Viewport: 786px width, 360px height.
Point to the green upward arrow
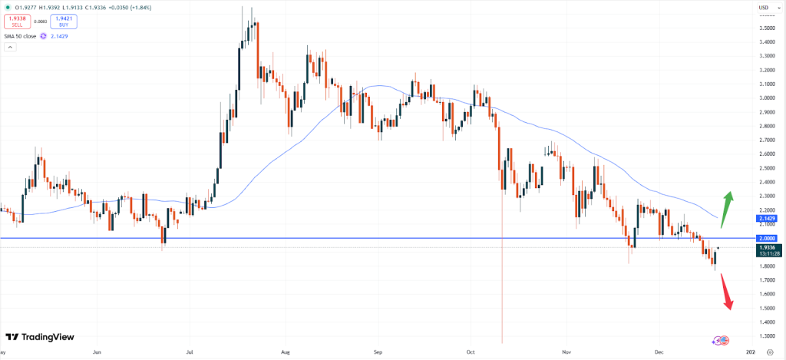pyautogui.click(x=727, y=203)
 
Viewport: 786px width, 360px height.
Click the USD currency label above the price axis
pyautogui.click(x=764, y=8)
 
